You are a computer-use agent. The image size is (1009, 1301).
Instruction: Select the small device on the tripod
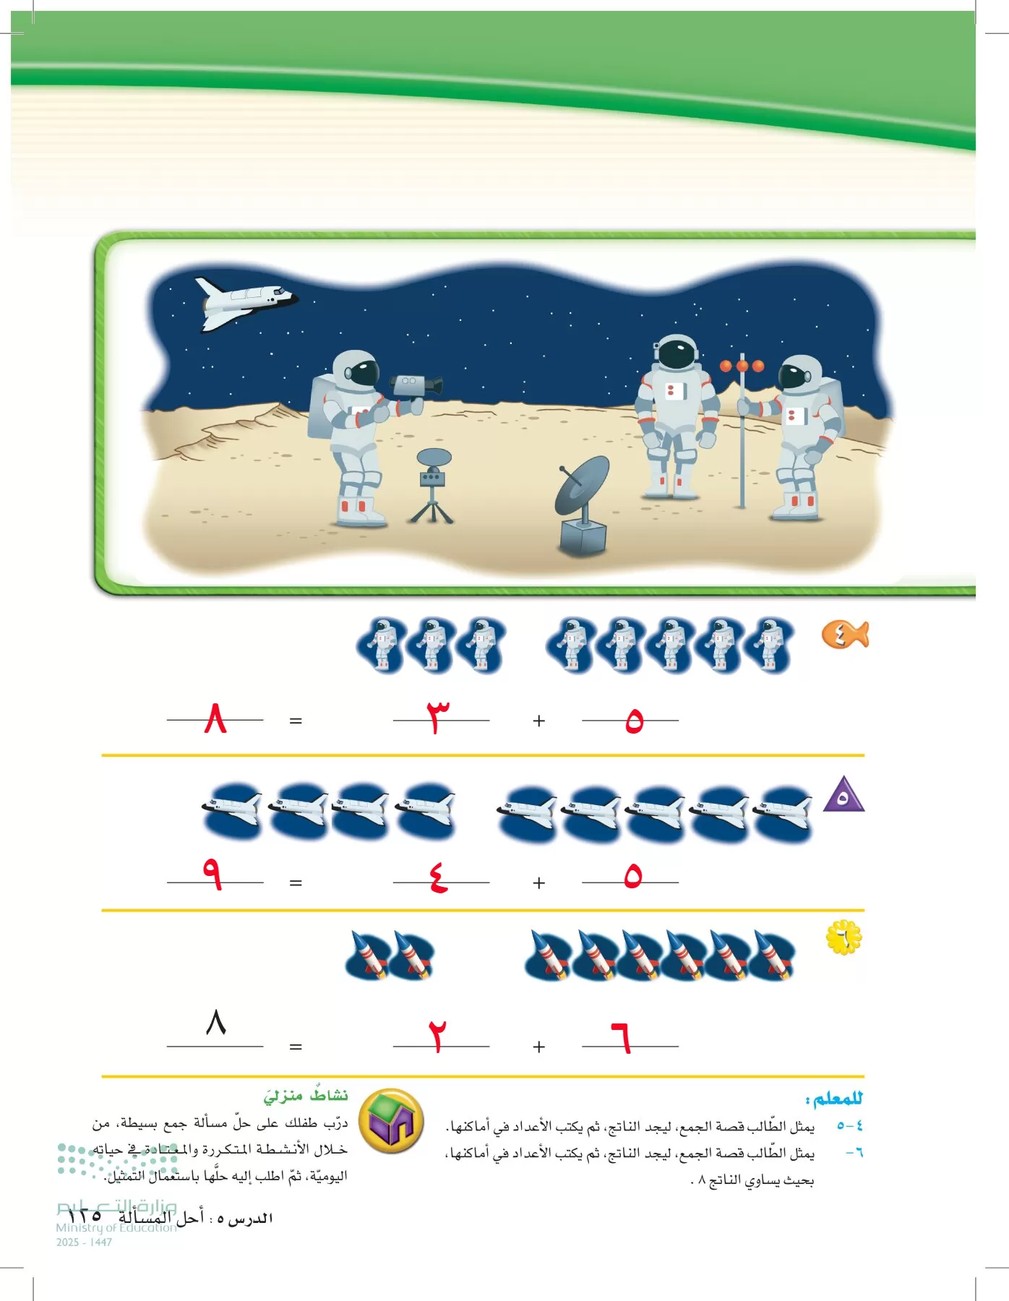click(433, 477)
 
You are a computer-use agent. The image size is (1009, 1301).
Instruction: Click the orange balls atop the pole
click(742, 366)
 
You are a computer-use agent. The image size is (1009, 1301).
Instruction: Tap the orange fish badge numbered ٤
click(843, 635)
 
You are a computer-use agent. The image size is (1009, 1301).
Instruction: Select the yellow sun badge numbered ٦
click(843, 937)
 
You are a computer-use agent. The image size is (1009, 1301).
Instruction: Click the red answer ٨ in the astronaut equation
click(215, 718)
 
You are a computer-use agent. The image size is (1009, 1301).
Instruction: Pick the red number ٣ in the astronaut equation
click(437, 718)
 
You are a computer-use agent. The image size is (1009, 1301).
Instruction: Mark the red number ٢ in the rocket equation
click(437, 1036)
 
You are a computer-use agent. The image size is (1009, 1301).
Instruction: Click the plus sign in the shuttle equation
click(538, 883)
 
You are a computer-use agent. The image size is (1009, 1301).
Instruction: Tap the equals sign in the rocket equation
click(296, 1047)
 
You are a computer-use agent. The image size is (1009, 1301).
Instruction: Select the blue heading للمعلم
click(835, 1099)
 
